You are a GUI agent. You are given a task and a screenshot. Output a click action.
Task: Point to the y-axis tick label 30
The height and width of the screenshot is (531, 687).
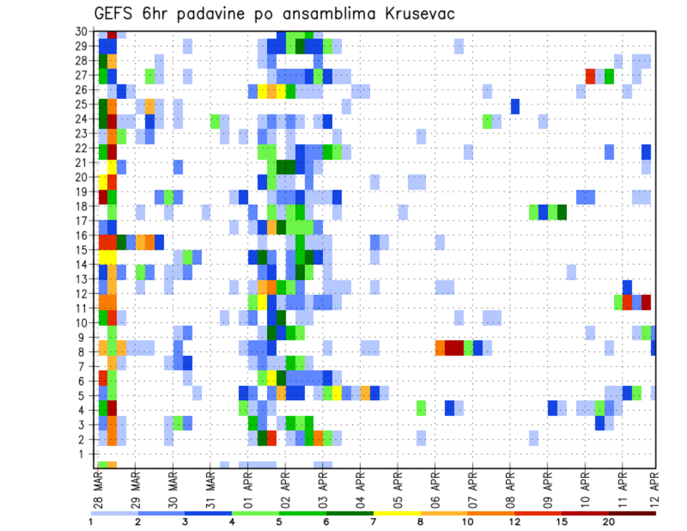point(82,31)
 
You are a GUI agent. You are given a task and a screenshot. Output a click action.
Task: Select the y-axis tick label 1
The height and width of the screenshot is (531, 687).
point(84,454)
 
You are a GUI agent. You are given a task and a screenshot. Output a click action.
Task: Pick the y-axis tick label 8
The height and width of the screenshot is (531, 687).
point(84,351)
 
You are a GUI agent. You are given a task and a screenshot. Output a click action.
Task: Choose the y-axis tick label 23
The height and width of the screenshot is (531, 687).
point(82,133)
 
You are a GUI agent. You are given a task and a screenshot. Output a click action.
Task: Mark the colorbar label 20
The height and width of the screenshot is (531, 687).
point(609,522)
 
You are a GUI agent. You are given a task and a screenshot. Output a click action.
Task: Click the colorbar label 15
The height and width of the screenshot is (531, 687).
point(562,522)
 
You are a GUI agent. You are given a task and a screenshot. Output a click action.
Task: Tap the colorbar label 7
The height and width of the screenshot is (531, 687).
point(374,522)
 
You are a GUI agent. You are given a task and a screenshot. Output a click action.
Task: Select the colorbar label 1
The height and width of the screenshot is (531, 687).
point(91,522)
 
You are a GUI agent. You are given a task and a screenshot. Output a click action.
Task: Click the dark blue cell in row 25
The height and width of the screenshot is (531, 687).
point(515,106)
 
